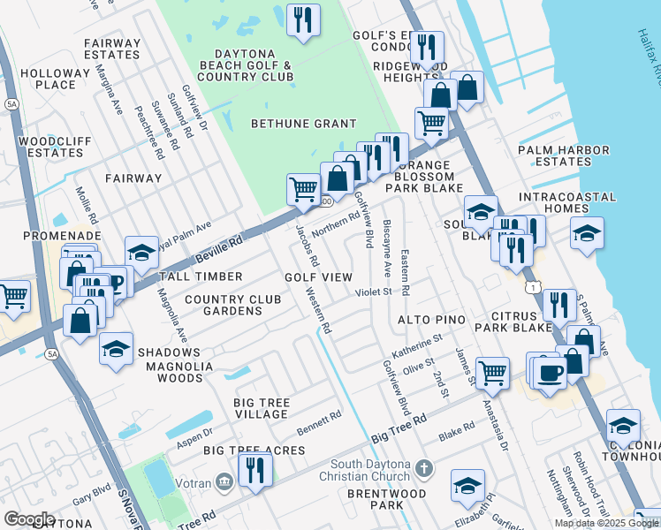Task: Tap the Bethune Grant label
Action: point(303,124)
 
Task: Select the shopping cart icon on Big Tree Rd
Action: point(492,371)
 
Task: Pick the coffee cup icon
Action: point(550,372)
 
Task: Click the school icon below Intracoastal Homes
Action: point(587,233)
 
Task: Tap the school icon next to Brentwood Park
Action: point(467,485)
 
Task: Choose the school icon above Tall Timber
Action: point(141,253)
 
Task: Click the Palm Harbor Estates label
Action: point(566,155)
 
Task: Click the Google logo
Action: point(29,519)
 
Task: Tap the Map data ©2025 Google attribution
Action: point(605,523)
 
